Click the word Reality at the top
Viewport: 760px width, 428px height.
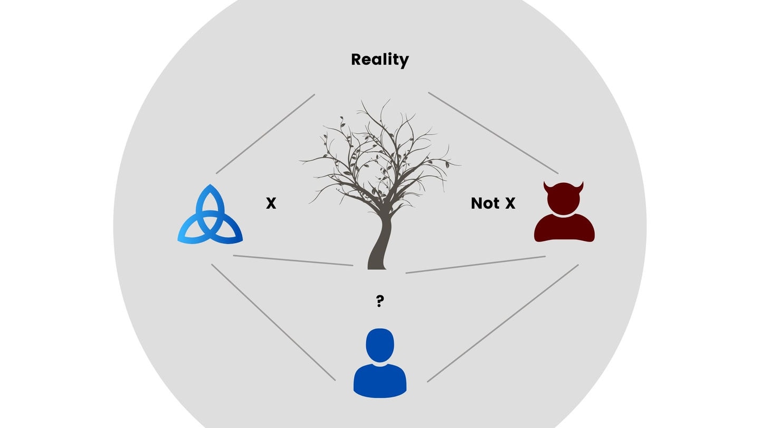click(379, 60)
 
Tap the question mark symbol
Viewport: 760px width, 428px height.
click(379, 302)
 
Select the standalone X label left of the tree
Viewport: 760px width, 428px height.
click(271, 203)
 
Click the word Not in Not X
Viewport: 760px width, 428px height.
click(484, 203)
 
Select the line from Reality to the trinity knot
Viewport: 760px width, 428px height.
click(265, 134)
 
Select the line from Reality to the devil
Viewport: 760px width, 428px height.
click(493, 133)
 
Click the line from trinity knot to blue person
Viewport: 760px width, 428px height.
click(273, 322)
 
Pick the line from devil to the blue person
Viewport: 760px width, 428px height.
click(502, 323)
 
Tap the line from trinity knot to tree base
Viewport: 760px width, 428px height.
click(293, 260)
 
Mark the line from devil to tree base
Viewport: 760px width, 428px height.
click(475, 265)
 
